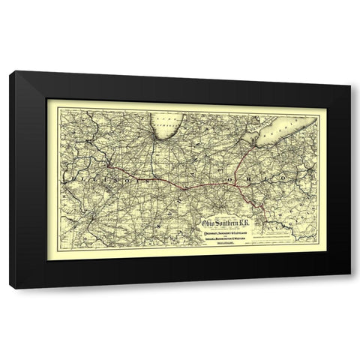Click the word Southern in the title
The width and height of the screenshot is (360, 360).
pos(226,223)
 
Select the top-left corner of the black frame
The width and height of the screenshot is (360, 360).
pos(10,72)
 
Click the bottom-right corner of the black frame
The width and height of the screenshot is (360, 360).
pos(349,288)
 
